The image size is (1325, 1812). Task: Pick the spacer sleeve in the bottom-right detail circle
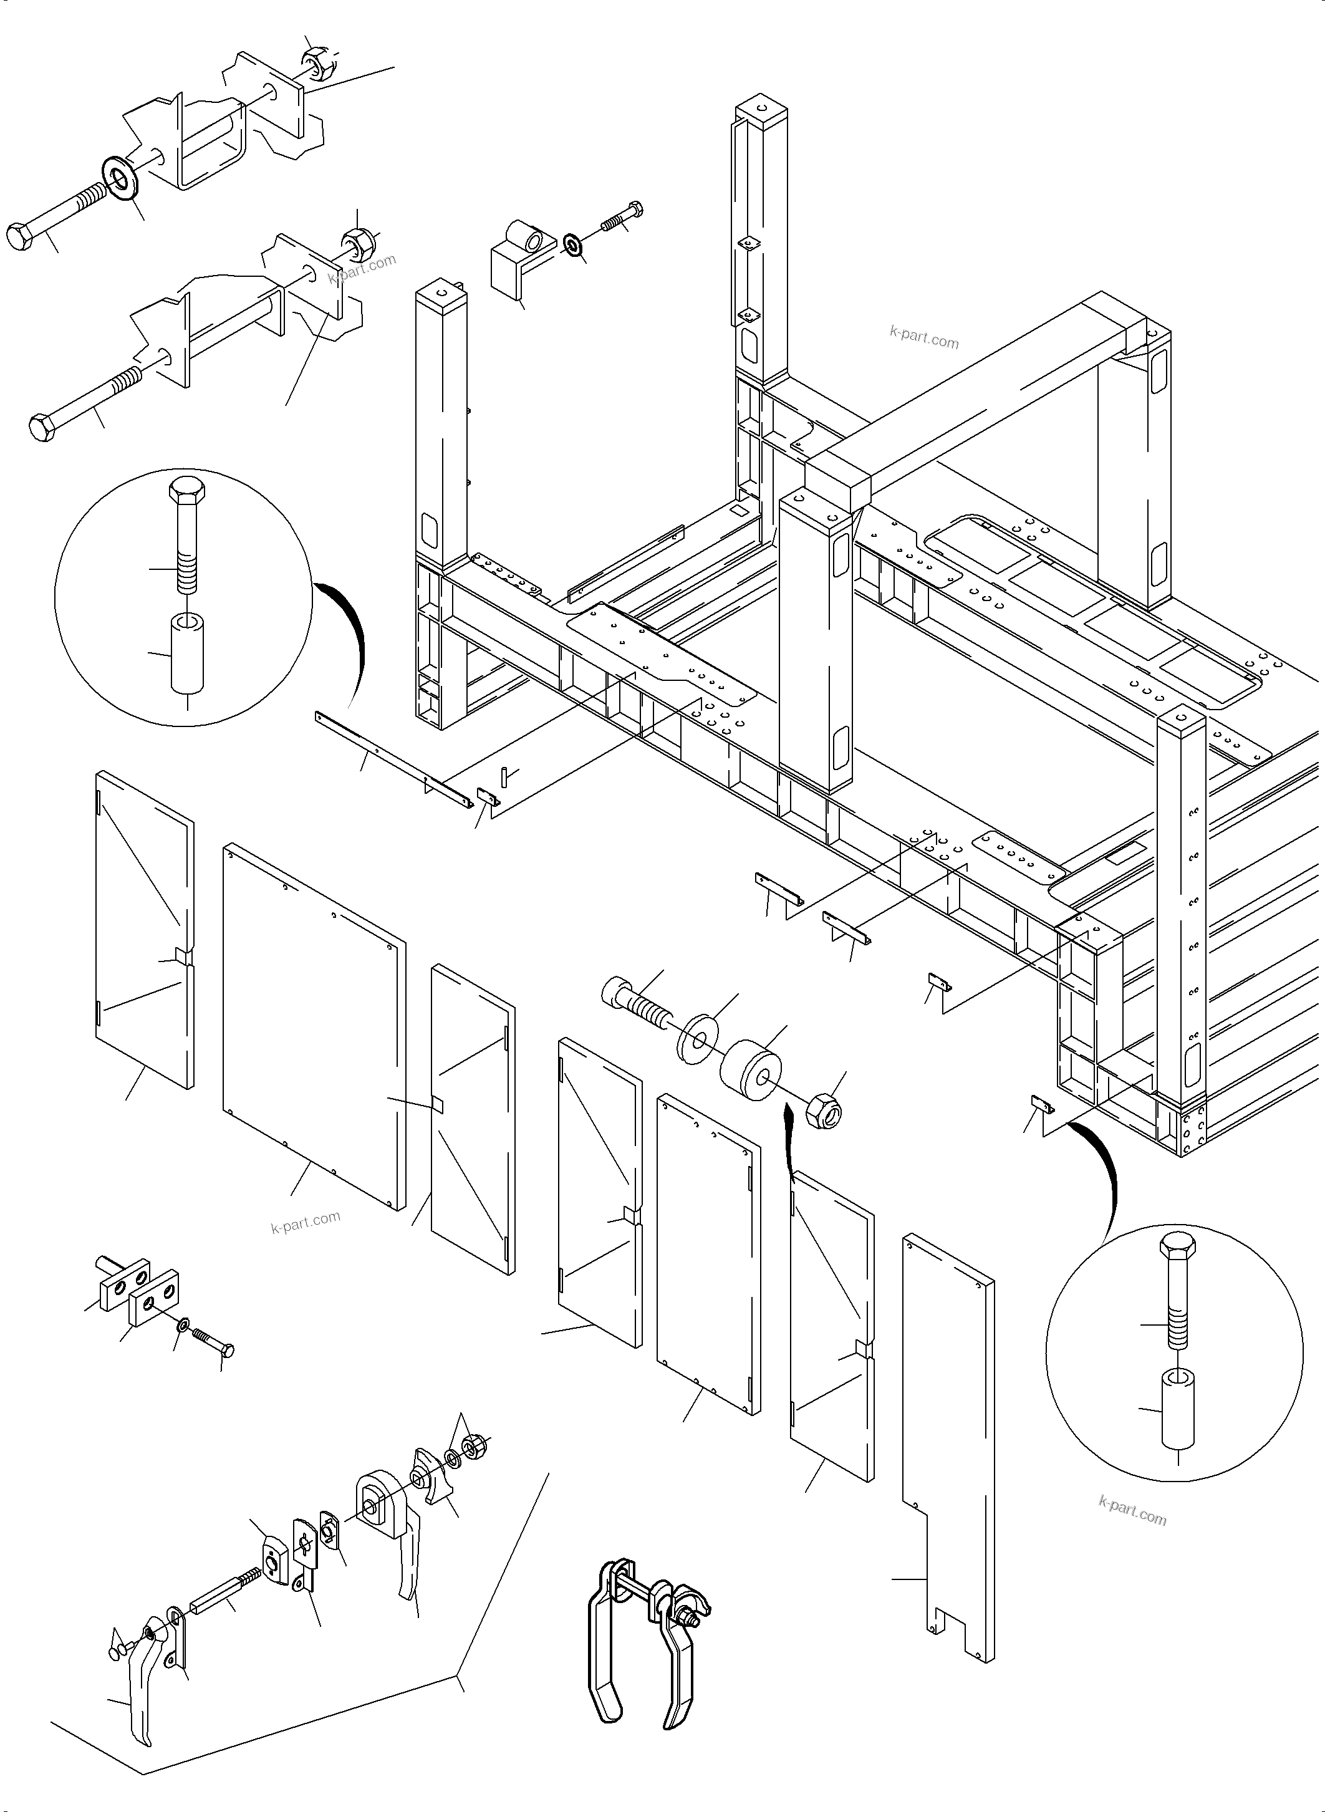coord(1177,1409)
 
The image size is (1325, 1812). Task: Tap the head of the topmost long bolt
coord(20,238)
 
